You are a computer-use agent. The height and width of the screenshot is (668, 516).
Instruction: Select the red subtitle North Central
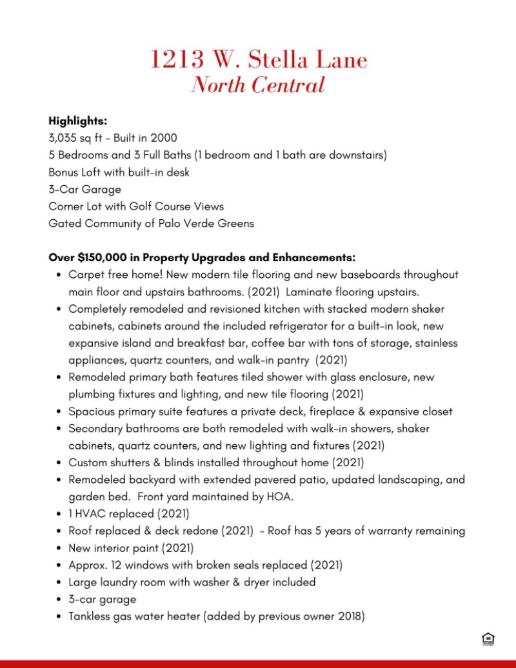[258, 85]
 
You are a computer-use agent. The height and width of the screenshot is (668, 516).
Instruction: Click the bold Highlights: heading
[77, 121]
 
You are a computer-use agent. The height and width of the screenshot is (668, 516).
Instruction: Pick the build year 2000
[164, 138]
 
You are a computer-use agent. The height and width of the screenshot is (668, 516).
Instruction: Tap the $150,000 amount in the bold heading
[100, 257]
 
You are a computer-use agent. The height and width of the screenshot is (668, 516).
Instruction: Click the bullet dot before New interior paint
[59, 549]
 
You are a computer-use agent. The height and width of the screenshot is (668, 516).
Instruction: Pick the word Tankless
[91, 616]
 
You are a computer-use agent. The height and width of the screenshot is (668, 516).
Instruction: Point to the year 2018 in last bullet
[349, 616]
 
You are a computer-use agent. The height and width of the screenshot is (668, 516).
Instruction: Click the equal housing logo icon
[488, 640]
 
